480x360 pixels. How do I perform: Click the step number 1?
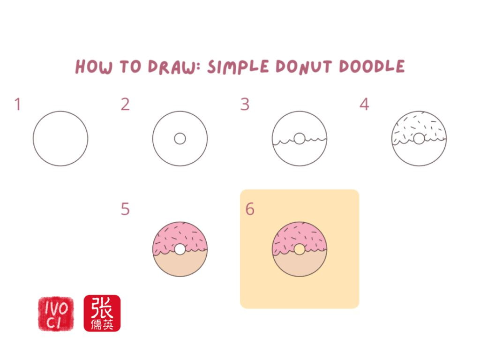(17, 105)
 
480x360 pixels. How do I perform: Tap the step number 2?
(125, 105)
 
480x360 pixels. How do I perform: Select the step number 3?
(245, 105)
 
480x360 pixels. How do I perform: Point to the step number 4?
(364, 105)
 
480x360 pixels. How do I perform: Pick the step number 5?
(125, 209)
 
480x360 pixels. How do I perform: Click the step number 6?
(250, 209)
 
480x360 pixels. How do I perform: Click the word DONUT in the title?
(304, 67)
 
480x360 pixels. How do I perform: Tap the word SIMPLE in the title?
(238, 67)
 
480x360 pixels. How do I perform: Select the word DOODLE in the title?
(372, 67)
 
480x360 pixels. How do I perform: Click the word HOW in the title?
(94, 67)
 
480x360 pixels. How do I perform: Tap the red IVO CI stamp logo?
(56, 314)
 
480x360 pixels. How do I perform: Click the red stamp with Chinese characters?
(102, 313)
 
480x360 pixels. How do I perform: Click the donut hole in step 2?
(180, 139)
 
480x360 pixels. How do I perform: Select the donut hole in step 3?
(300, 139)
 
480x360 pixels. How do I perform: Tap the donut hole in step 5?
(180, 249)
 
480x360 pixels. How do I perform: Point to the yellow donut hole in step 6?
(300, 249)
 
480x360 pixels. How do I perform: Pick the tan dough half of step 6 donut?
(300, 265)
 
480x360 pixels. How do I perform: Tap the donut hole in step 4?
(419, 139)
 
